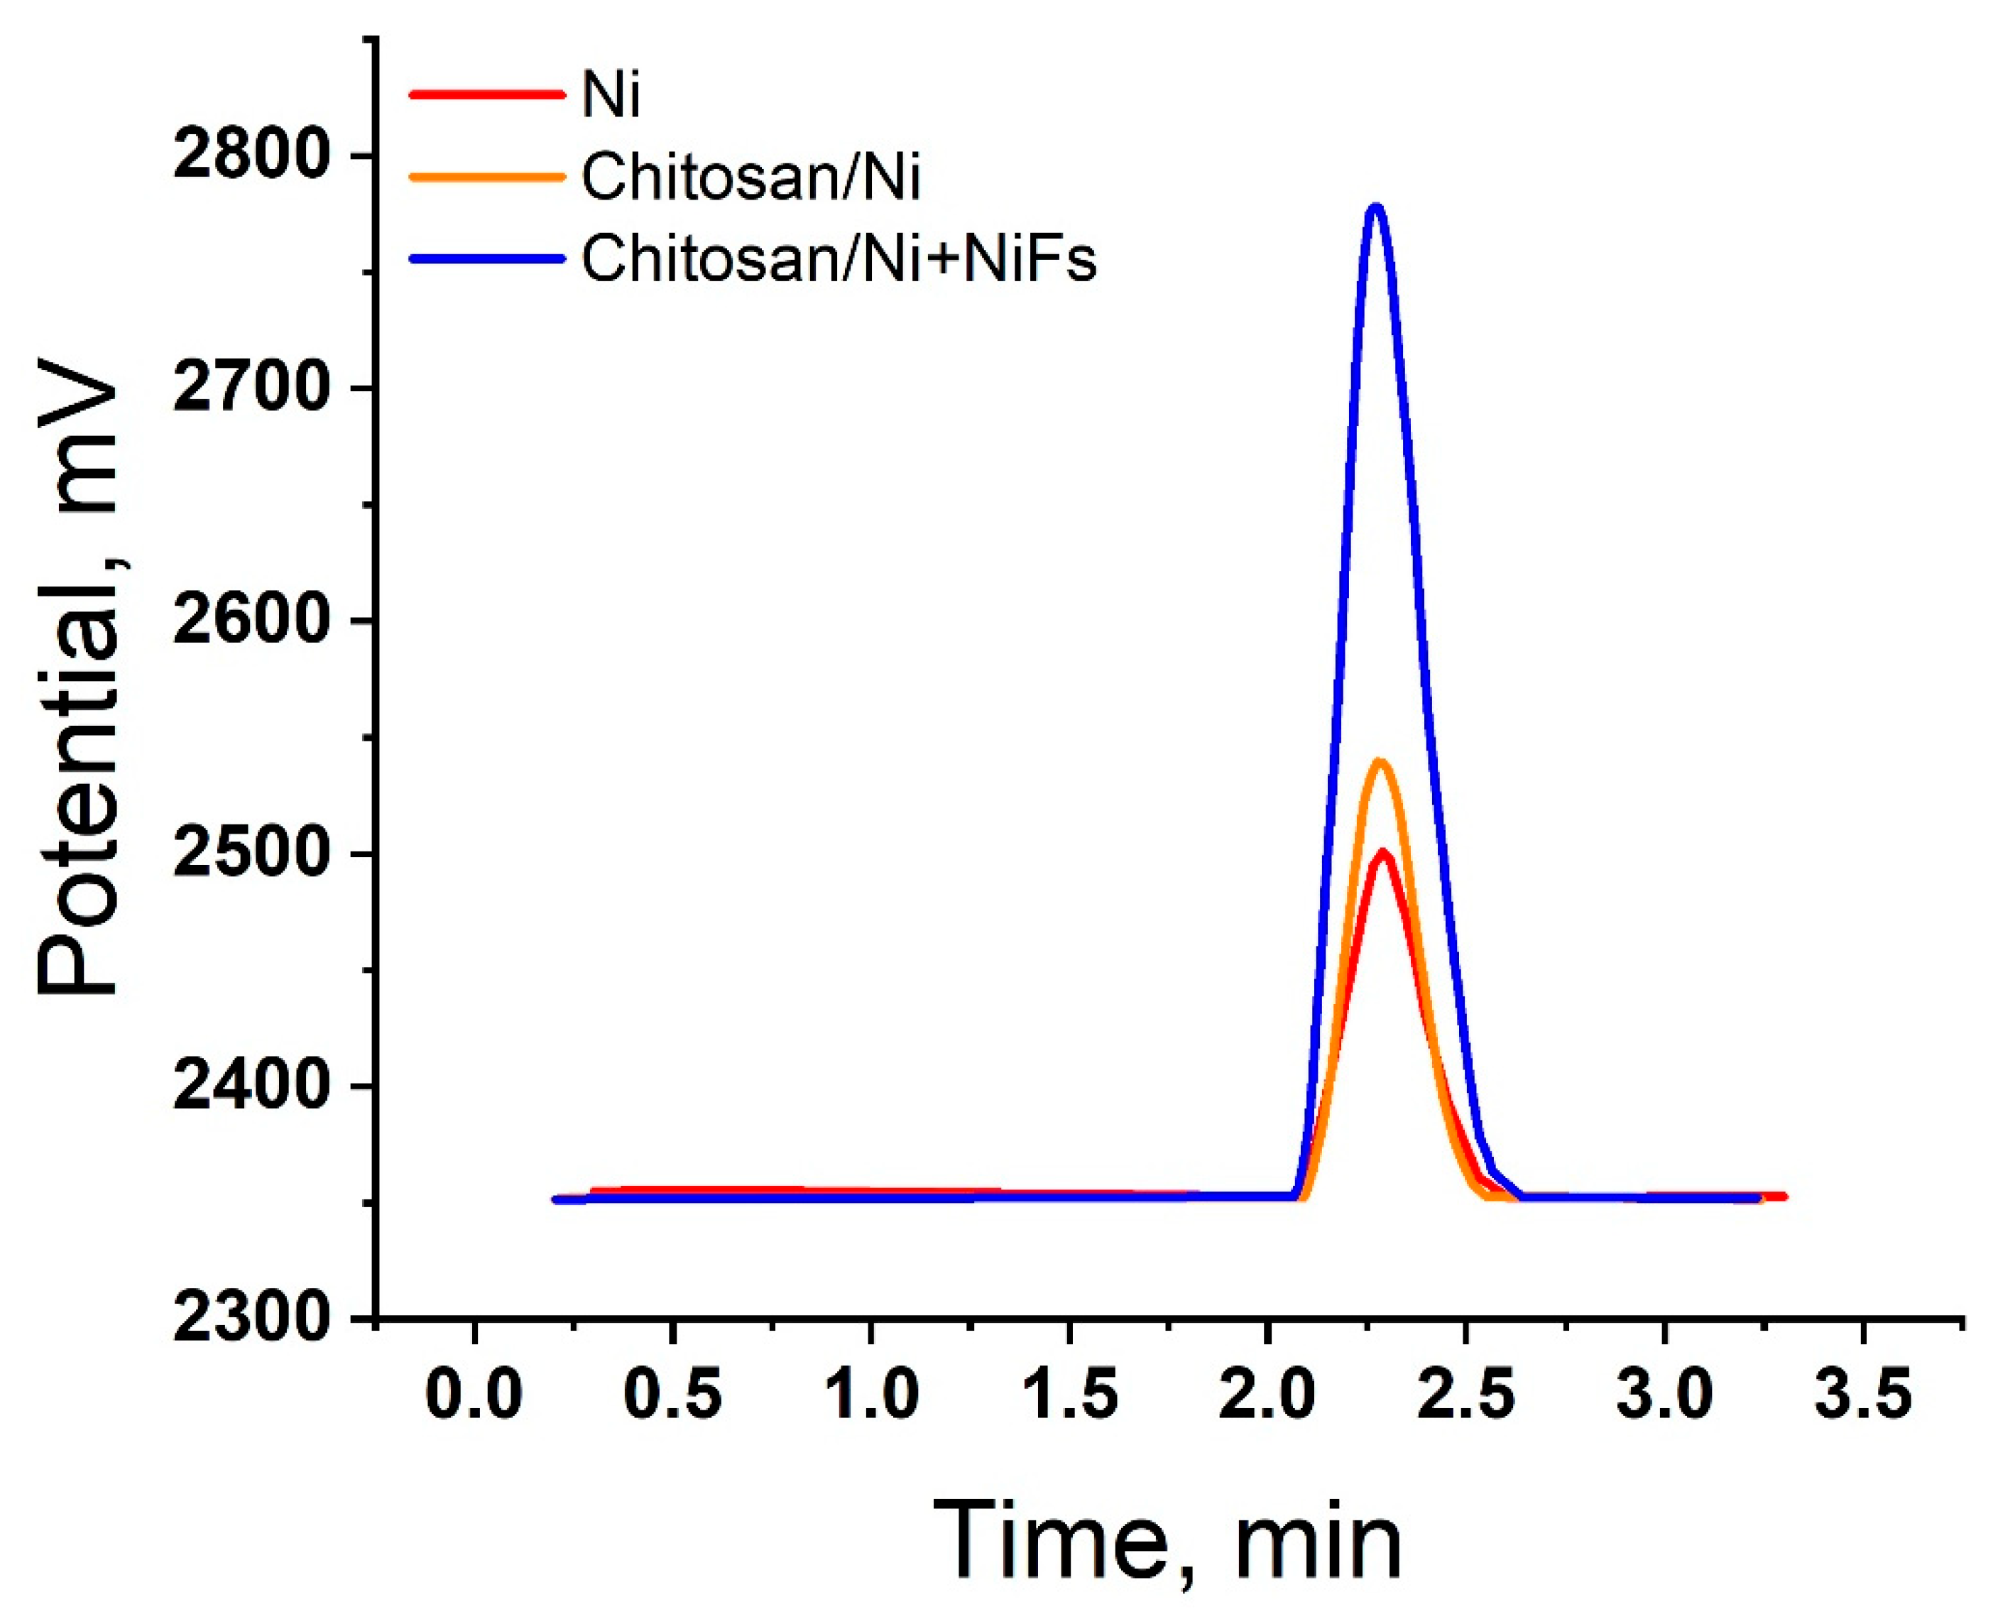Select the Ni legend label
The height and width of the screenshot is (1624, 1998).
tap(611, 95)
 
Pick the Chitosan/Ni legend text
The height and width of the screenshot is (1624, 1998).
tap(751, 176)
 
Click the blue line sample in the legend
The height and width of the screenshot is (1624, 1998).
tap(487, 258)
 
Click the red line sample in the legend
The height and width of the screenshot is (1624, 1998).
tap(487, 94)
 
